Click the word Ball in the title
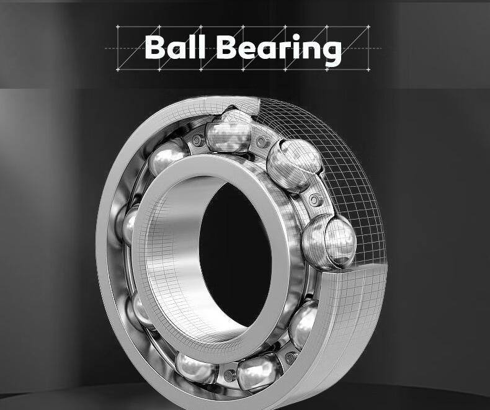(x=175, y=47)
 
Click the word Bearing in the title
(x=278, y=50)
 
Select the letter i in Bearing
(x=296, y=47)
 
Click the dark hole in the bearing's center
(x=235, y=255)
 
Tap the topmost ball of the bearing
(x=229, y=133)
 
